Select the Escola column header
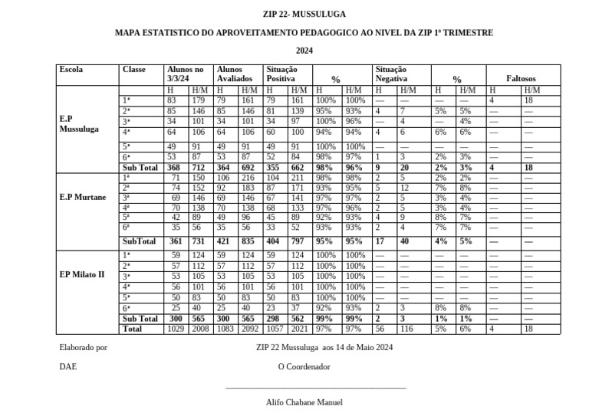coord(71,70)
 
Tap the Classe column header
coord(133,70)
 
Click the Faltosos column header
coord(521,79)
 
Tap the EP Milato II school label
coord(81,274)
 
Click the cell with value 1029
coord(176,329)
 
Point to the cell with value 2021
coord(299,329)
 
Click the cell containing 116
coord(406,329)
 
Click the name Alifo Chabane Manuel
coord(304,402)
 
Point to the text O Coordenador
coord(304,367)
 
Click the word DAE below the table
coord(67,367)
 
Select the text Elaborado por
coord(83,347)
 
